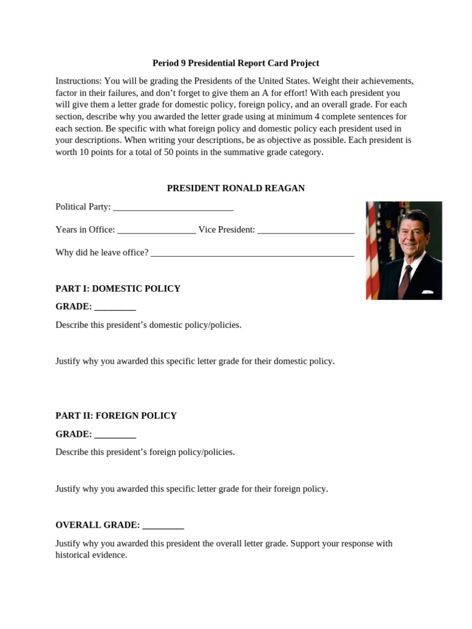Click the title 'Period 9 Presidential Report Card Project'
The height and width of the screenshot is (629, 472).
(235, 63)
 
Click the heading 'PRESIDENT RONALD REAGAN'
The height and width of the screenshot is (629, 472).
(235, 188)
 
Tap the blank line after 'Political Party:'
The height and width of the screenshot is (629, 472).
(173, 208)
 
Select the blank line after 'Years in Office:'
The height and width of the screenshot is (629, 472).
(156, 230)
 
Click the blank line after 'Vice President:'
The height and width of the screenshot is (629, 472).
(305, 230)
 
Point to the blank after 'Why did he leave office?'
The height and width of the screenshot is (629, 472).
(252, 253)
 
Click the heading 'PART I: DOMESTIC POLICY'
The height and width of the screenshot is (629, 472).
(118, 288)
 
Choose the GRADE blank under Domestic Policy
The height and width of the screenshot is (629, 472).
(115, 307)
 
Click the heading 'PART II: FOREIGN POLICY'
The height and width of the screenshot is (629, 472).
(116, 416)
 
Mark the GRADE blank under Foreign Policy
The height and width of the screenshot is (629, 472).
(115, 435)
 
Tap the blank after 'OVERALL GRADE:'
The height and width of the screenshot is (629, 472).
(163, 526)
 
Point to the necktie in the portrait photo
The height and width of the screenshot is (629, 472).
(405, 280)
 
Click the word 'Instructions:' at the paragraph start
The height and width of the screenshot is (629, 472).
(79, 81)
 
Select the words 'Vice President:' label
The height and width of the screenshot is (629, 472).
(226, 230)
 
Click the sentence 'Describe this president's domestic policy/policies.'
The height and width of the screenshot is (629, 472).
(148, 325)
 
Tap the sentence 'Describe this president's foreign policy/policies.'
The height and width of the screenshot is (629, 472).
(145, 452)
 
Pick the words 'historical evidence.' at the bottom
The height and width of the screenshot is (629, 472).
(91, 555)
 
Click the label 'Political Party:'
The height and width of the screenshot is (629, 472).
(83, 207)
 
